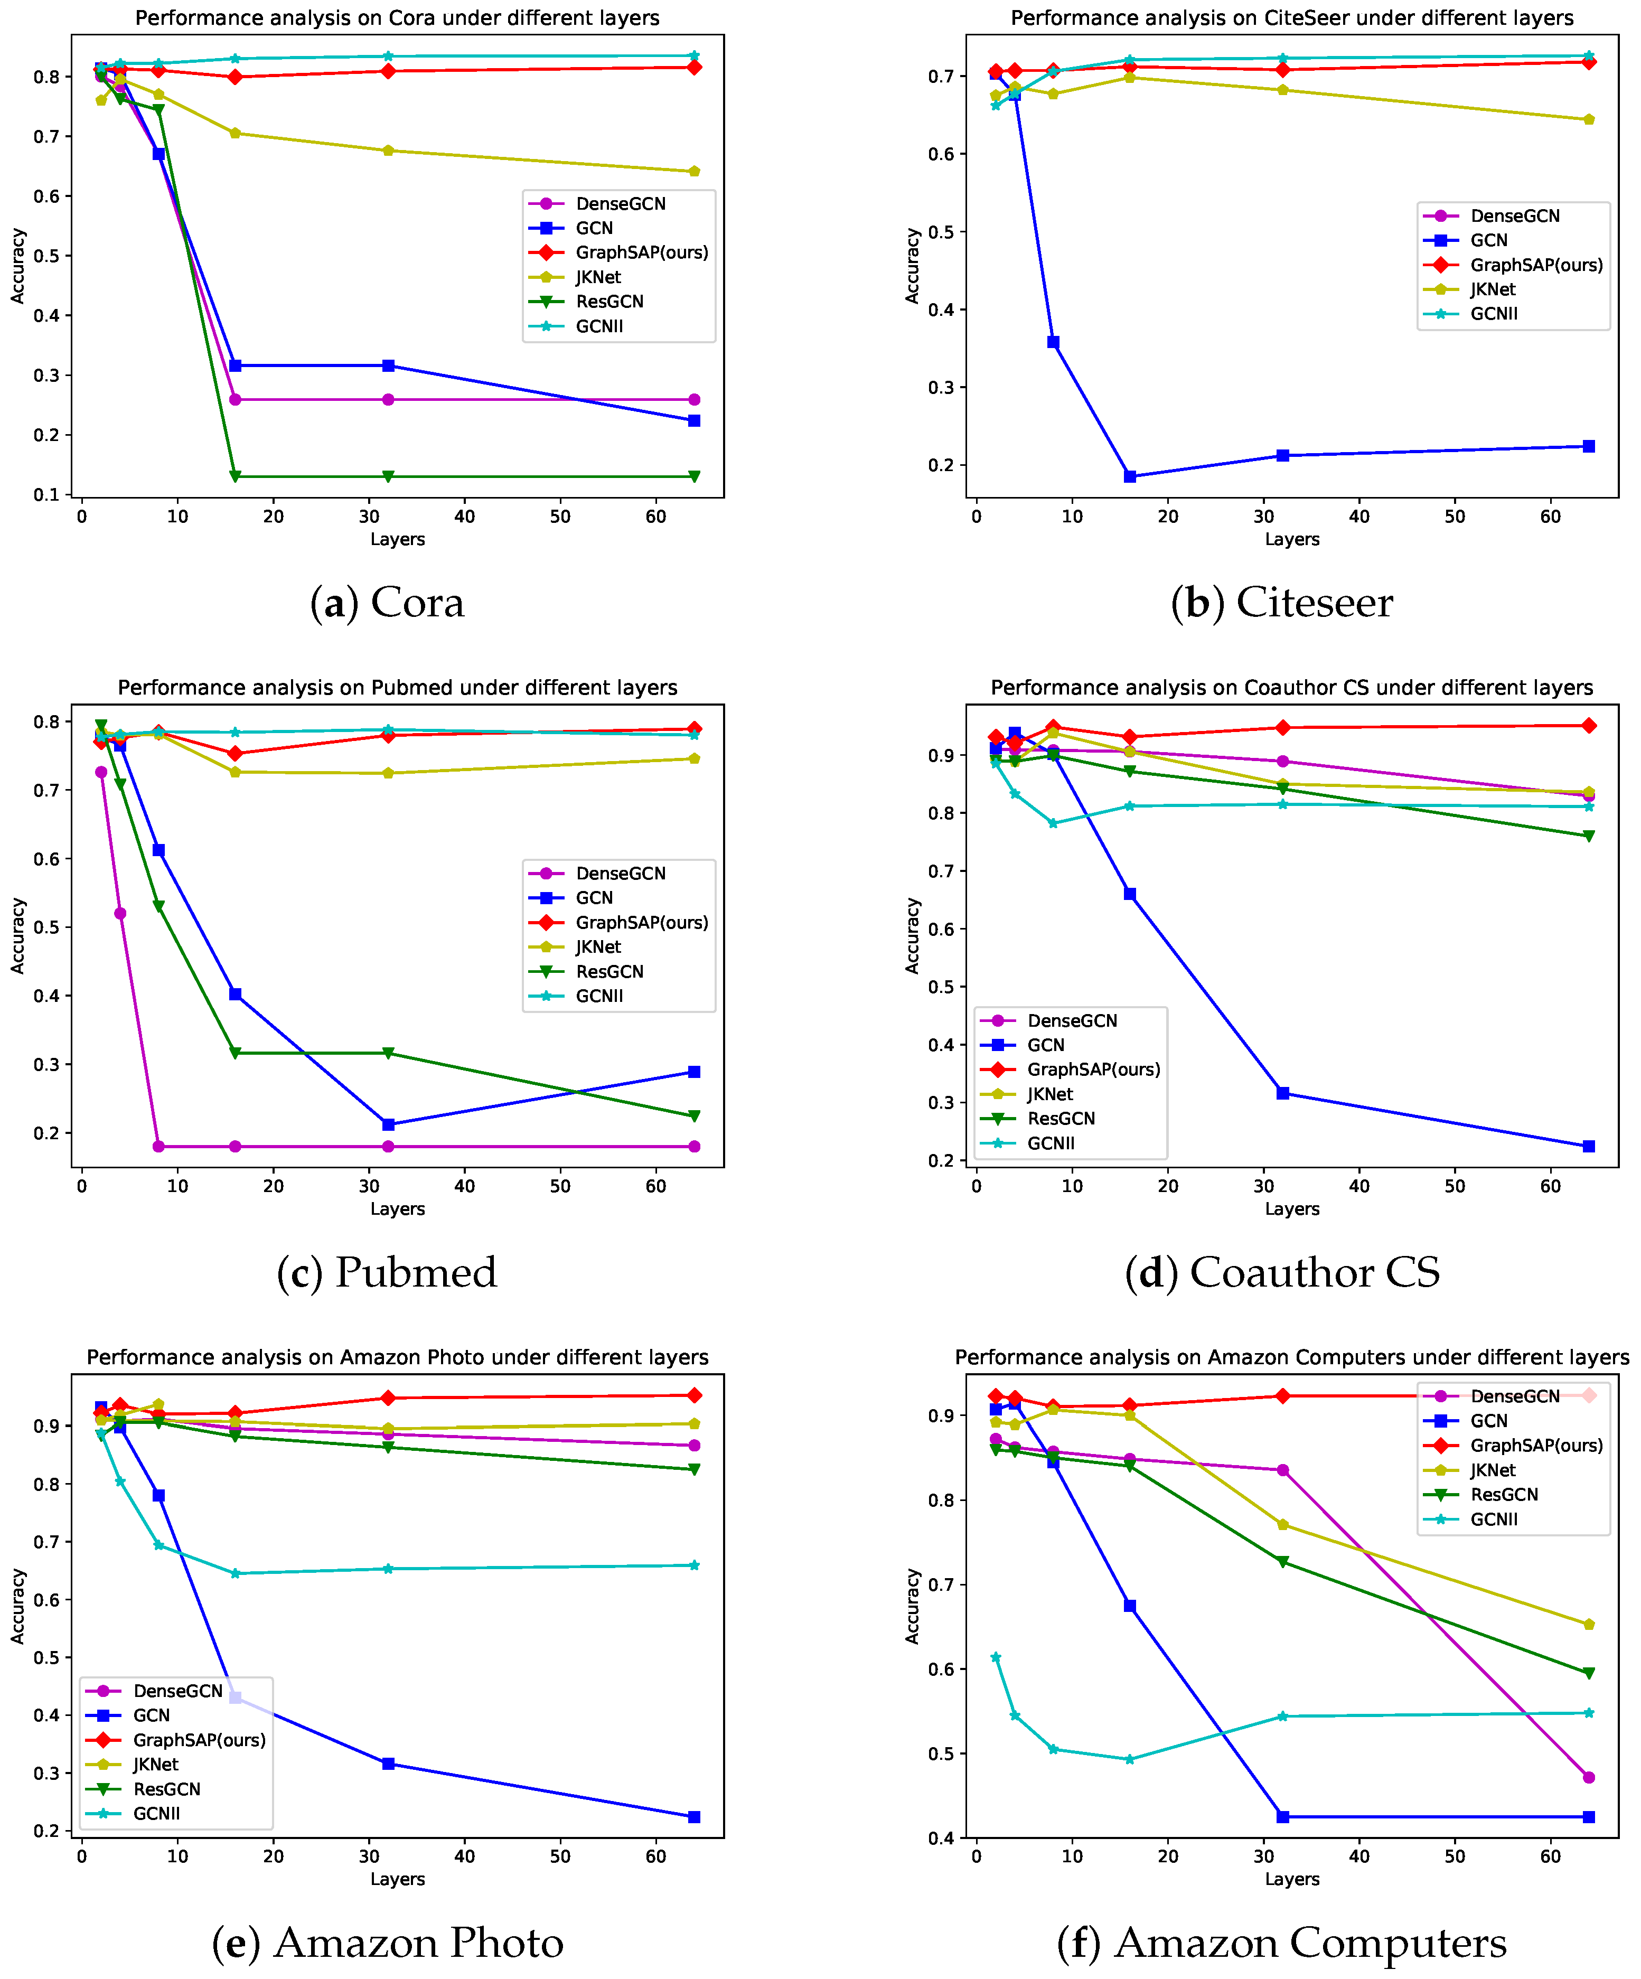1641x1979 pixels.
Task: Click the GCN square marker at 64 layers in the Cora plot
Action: click(x=693, y=420)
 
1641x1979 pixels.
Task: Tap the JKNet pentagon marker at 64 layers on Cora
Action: click(x=693, y=172)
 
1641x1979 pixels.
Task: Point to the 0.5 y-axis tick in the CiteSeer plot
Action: click(x=943, y=232)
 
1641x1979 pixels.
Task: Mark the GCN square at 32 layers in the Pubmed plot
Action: click(x=388, y=1124)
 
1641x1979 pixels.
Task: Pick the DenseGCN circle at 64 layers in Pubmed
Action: click(x=693, y=1146)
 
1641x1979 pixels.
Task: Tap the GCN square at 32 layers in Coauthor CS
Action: click(x=1282, y=1093)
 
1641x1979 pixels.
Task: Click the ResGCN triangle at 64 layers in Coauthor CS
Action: click(x=1588, y=836)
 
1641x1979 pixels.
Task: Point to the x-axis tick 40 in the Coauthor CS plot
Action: click(x=1358, y=1186)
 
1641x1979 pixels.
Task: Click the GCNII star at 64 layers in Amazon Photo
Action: click(x=693, y=1565)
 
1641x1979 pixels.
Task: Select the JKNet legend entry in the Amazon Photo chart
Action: click(x=155, y=1764)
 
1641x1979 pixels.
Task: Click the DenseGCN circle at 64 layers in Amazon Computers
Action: click(x=1588, y=1777)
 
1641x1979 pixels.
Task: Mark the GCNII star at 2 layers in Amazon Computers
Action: click(x=996, y=1657)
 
